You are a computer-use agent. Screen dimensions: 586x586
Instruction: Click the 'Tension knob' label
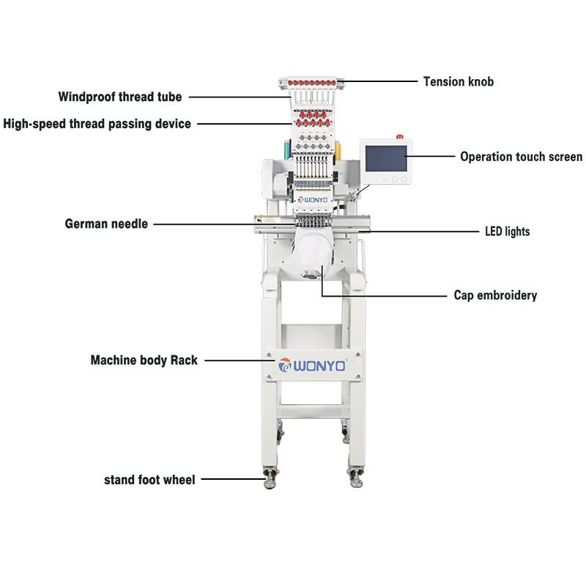tap(459, 81)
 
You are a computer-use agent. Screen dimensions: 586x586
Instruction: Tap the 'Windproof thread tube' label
tap(120, 97)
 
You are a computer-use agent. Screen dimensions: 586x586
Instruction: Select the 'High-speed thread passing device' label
tap(97, 124)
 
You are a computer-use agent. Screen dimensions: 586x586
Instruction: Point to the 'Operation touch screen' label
tap(521, 157)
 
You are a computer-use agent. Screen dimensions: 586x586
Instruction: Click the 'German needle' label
tap(106, 224)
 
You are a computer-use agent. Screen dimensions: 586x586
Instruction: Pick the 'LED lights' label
tap(507, 231)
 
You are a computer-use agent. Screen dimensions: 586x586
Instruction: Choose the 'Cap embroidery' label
tap(495, 295)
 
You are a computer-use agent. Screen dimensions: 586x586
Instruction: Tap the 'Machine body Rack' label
tap(144, 360)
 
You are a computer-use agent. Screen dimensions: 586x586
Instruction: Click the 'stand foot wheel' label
tap(149, 480)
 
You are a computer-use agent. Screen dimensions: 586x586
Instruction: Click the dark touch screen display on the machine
tap(386, 158)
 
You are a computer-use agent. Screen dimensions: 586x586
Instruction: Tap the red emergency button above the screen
tap(399, 137)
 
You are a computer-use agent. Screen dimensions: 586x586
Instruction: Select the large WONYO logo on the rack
tap(313, 365)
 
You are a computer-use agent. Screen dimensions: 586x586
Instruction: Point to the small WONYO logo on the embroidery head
tap(313, 200)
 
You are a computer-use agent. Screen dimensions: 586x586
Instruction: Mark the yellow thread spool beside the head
tap(338, 151)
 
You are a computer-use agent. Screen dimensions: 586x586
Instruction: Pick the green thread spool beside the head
tap(287, 149)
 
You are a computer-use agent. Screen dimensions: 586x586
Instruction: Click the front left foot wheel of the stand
tap(270, 478)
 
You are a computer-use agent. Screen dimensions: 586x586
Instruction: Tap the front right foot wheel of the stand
tap(356, 478)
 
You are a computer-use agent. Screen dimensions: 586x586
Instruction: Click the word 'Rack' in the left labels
tap(184, 360)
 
